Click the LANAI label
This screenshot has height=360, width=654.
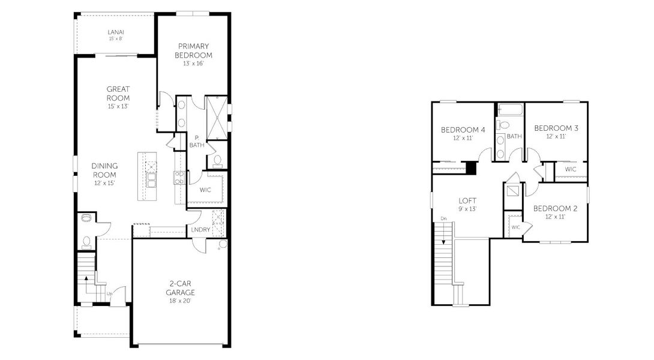pos(116,32)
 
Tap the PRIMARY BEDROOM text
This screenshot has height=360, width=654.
pos(193,50)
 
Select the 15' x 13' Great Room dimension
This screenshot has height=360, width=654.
pos(118,106)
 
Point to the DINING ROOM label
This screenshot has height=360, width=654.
pos(104,170)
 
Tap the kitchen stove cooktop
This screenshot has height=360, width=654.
pos(179,176)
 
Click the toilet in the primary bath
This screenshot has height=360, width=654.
pos(217,160)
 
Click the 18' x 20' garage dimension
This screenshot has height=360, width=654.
pos(181,301)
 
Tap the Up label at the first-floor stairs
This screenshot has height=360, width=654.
pos(109,294)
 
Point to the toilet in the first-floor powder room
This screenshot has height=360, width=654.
pos(86,242)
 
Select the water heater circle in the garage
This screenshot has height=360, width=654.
pos(223,244)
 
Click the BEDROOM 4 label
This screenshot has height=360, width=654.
pos(463,130)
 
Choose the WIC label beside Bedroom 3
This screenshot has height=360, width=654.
pos(570,170)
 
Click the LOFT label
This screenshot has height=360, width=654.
pos(467,201)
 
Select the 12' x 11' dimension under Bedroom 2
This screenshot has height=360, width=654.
pos(555,217)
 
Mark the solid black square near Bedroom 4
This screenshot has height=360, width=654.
pos(472,169)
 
